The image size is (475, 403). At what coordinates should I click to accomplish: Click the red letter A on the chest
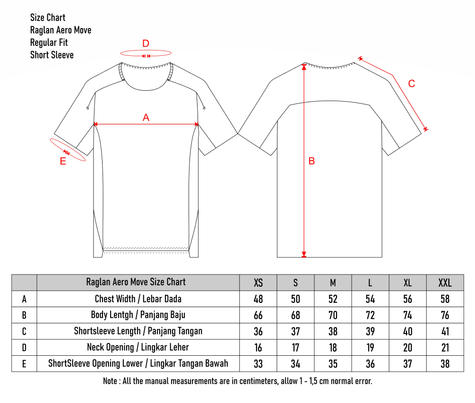146,118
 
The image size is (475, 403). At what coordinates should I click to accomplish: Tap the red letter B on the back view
312,161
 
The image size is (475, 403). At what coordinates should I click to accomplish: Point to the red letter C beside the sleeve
411,84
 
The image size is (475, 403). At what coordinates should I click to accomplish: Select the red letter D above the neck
146,43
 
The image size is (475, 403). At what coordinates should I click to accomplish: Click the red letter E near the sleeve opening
63,162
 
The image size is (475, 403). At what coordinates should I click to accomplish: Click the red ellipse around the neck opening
146,50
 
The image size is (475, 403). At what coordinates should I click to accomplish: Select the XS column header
258,283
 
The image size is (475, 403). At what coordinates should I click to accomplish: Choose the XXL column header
445,283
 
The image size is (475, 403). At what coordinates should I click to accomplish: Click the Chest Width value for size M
333,299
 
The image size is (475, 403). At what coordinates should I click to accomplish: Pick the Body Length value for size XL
408,315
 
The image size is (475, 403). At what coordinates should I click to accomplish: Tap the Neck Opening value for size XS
258,348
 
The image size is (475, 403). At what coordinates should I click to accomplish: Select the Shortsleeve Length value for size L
370,332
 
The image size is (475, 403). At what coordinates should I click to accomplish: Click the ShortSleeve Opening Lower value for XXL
445,364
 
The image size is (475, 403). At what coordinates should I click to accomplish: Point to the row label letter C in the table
24,332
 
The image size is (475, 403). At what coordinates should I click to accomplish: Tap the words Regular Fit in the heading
49,43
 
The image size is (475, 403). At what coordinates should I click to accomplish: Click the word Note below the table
110,381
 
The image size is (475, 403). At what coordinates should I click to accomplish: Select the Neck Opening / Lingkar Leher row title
138,347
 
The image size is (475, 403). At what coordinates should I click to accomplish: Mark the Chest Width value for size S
296,299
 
